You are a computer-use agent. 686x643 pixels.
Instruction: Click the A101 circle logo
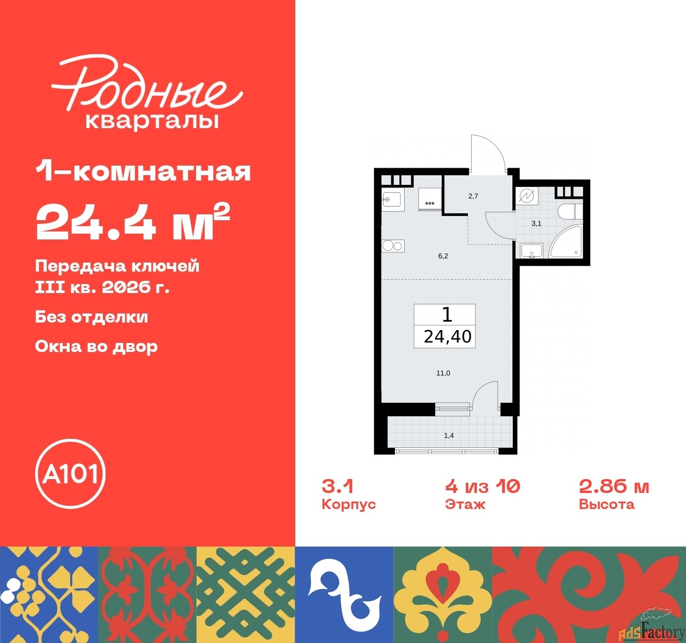tap(70, 474)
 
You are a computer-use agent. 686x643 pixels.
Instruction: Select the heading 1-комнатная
tap(143, 171)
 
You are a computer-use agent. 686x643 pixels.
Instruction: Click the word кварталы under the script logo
tap(152, 121)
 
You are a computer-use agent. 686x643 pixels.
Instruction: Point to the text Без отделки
tap(92, 317)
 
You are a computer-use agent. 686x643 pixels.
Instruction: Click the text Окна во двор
tap(96, 346)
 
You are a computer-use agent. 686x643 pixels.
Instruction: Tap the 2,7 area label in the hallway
tap(473, 196)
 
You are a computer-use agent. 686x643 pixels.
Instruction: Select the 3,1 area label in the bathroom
tap(536, 223)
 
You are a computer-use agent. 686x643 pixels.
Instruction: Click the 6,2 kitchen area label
tap(443, 256)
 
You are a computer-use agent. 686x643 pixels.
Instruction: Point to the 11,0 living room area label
tap(443, 373)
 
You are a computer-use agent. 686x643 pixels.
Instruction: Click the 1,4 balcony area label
tap(449, 436)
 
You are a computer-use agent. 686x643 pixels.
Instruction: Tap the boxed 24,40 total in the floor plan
tap(447, 336)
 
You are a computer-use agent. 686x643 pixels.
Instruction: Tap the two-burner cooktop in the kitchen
tap(392, 246)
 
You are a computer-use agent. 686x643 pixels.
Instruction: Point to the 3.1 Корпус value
tap(338, 486)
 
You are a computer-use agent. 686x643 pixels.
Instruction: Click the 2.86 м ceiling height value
tap(614, 486)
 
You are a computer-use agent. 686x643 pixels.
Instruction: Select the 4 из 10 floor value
tap(482, 486)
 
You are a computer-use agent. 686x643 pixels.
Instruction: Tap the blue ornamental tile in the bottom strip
tap(344, 594)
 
